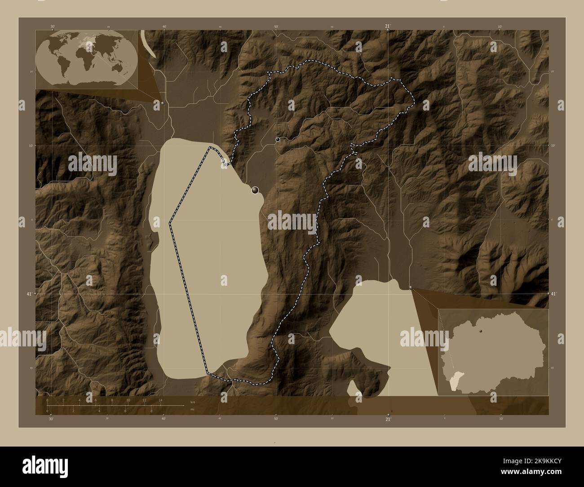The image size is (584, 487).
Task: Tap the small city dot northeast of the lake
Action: click(278, 140)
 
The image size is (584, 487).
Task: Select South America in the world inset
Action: click(63, 66)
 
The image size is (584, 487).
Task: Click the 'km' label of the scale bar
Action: click(193, 402)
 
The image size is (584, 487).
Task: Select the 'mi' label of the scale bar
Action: click(192, 409)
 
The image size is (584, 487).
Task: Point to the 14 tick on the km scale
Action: click(160, 400)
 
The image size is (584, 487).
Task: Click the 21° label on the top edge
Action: click(388, 27)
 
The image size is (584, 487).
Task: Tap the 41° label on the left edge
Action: click(28, 293)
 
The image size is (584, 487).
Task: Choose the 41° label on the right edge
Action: click(554, 293)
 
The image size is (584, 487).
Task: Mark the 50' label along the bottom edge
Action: click(276, 418)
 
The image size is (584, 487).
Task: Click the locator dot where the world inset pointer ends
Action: click(162, 102)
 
